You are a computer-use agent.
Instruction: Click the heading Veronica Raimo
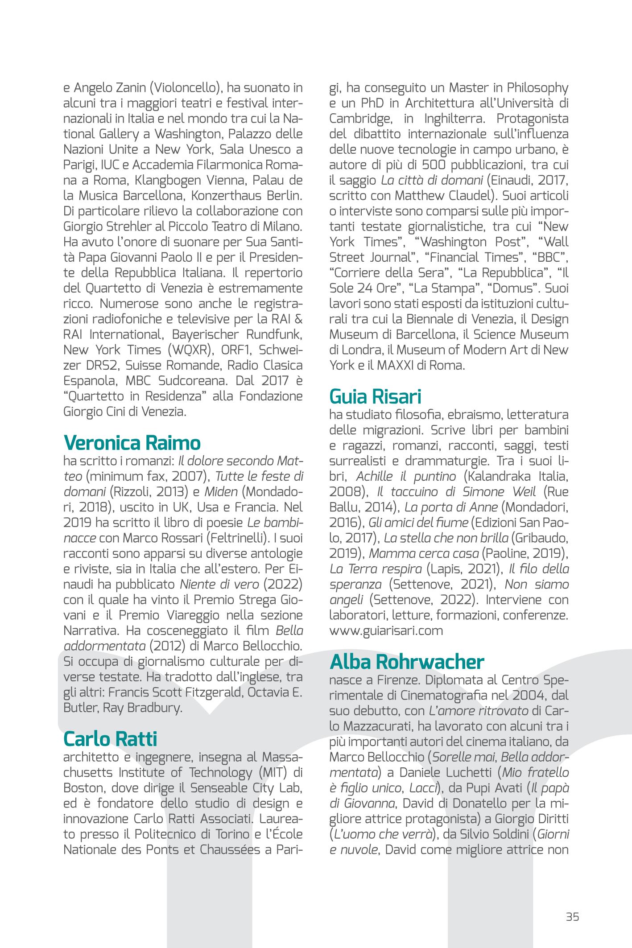point(132,443)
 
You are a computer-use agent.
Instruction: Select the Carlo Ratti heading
point(110,739)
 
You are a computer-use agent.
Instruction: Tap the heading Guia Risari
point(375,396)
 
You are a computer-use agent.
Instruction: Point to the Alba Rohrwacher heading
point(407,662)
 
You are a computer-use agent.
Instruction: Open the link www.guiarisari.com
point(386,631)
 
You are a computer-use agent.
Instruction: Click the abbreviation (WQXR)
point(190,350)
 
